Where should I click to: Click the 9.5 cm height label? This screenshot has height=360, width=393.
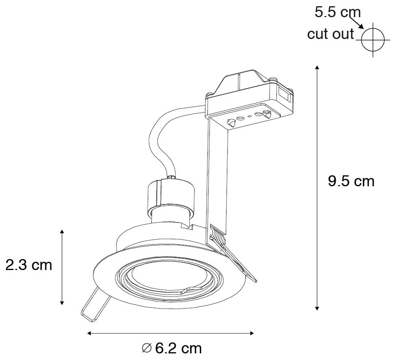351,181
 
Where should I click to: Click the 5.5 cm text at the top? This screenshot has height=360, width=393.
337,12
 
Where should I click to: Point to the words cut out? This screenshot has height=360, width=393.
330,34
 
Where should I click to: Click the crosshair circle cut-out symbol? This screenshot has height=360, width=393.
373,40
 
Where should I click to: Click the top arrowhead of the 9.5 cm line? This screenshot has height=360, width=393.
317,69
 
